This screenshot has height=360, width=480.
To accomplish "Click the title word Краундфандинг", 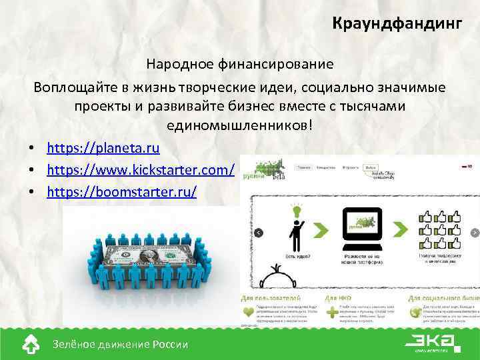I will tap(397, 25).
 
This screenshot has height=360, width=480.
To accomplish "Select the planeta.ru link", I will tap(103, 147).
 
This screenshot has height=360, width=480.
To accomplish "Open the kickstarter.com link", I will tap(141, 170).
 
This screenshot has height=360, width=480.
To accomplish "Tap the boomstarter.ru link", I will tap(122, 192).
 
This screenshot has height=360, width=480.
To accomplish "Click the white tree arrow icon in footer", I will tap(31, 343).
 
